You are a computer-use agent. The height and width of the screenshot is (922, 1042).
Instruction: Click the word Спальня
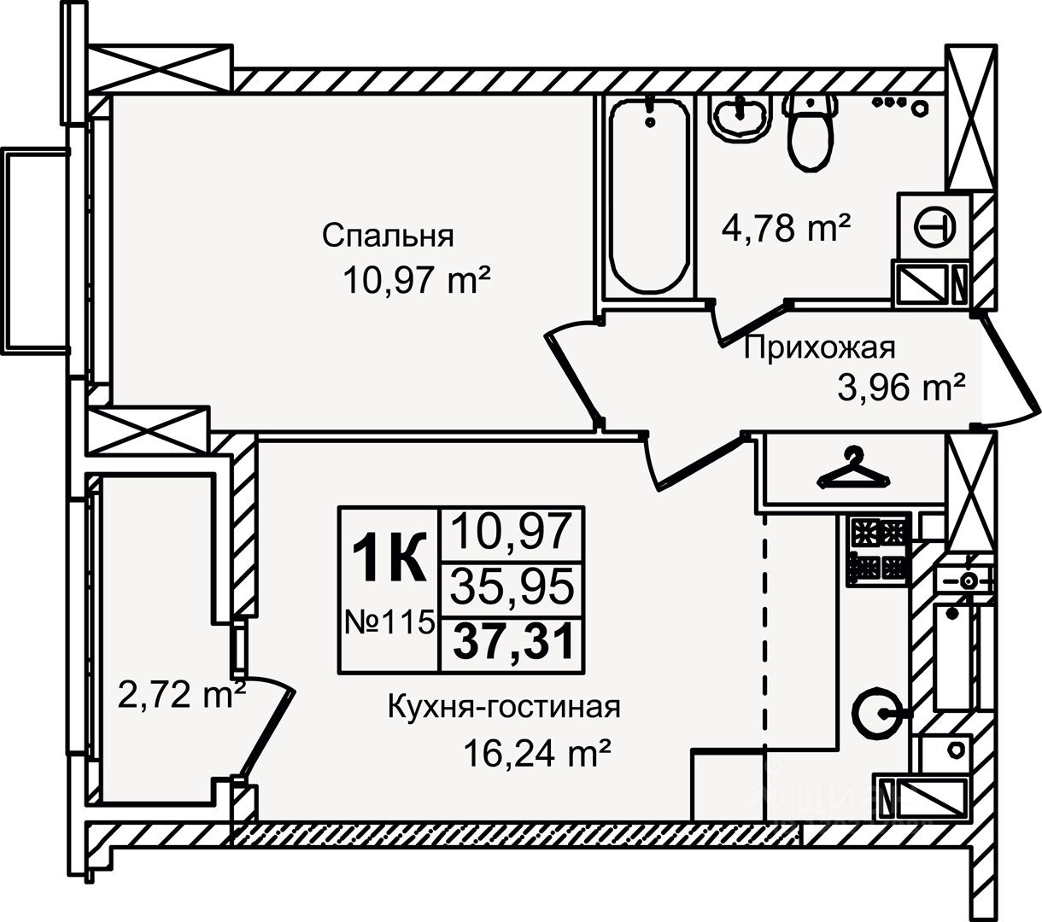click(x=388, y=236)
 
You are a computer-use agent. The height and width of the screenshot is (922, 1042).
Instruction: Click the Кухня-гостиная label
click(x=503, y=708)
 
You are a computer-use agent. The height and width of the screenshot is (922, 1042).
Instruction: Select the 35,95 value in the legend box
click(x=512, y=587)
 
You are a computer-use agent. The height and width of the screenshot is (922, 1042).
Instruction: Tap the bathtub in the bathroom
click(x=650, y=196)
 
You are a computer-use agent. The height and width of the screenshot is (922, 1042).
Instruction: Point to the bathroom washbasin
click(x=742, y=117)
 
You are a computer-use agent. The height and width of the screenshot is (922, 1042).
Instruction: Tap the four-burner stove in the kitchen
click(x=878, y=550)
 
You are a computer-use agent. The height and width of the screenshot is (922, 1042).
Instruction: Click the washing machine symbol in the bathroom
click(x=934, y=226)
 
